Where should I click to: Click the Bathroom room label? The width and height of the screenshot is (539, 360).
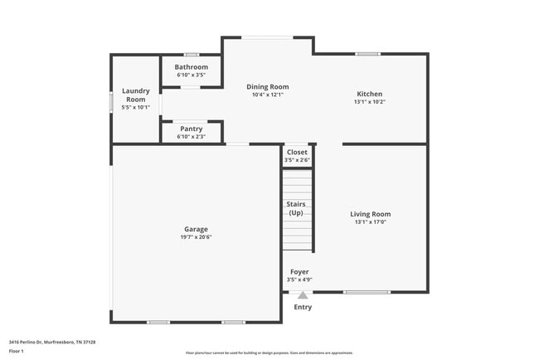pyautogui.click(x=192, y=67)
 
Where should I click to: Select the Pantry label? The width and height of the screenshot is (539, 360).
pyautogui.click(x=192, y=129)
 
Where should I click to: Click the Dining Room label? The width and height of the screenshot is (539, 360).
pyautogui.click(x=268, y=86)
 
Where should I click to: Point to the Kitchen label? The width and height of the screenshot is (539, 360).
pyautogui.click(x=370, y=94)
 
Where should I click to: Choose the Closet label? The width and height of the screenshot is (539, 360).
pyautogui.click(x=297, y=152)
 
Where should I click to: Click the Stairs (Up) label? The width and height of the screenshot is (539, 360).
pyautogui.click(x=296, y=208)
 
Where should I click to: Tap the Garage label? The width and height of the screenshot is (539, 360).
pyautogui.click(x=196, y=229)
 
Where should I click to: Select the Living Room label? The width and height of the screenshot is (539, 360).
pyautogui.click(x=370, y=214)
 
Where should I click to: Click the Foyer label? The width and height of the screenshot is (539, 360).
pyautogui.click(x=299, y=271)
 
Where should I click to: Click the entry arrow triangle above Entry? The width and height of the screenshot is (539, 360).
pyautogui.click(x=303, y=294)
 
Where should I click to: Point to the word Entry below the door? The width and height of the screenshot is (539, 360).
pyautogui.click(x=303, y=307)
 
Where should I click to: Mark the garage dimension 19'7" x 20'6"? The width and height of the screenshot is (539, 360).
pyautogui.click(x=196, y=237)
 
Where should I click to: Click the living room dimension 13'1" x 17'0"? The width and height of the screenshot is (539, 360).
pyautogui.click(x=370, y=222)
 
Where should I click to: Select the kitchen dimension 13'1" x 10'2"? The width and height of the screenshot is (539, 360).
pyautogui.click(x=370, y=102)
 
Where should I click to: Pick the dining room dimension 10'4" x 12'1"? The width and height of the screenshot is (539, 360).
pyautogui.click(x=268, y=95)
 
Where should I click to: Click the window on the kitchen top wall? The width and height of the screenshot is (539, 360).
pyautogui.click(x=367, y=55)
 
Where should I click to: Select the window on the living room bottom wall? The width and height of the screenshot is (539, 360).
pyautogui.click(x=367, y=292)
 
